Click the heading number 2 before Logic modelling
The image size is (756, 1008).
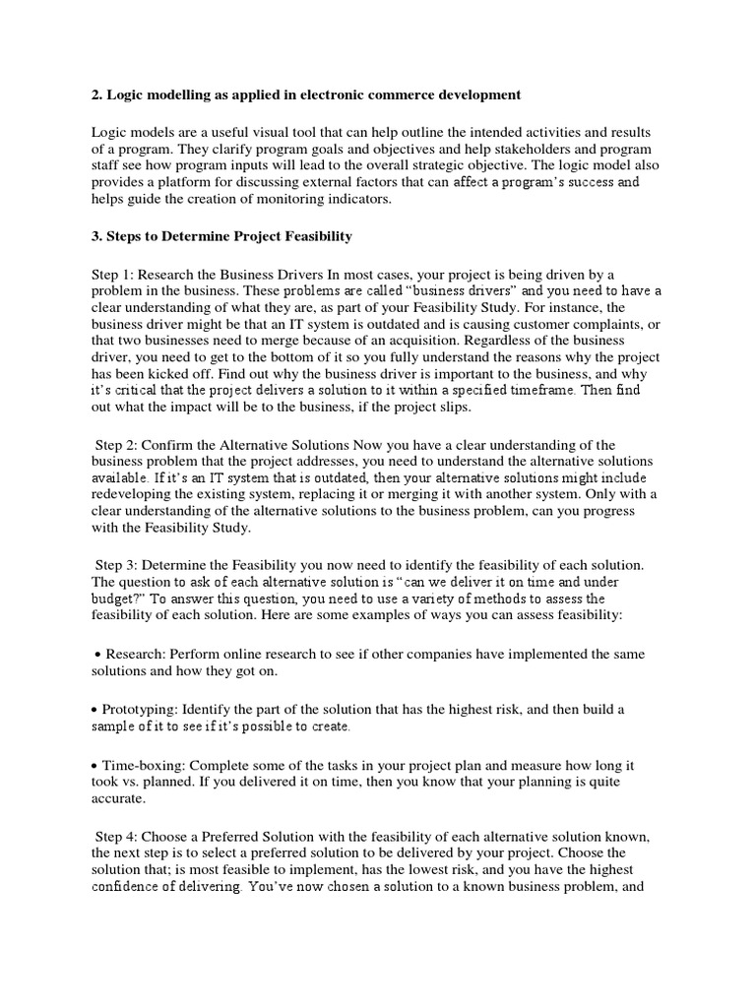pos(96,94)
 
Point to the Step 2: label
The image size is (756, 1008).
pos(116,446)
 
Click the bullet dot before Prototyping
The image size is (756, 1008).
pos(94,709)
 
